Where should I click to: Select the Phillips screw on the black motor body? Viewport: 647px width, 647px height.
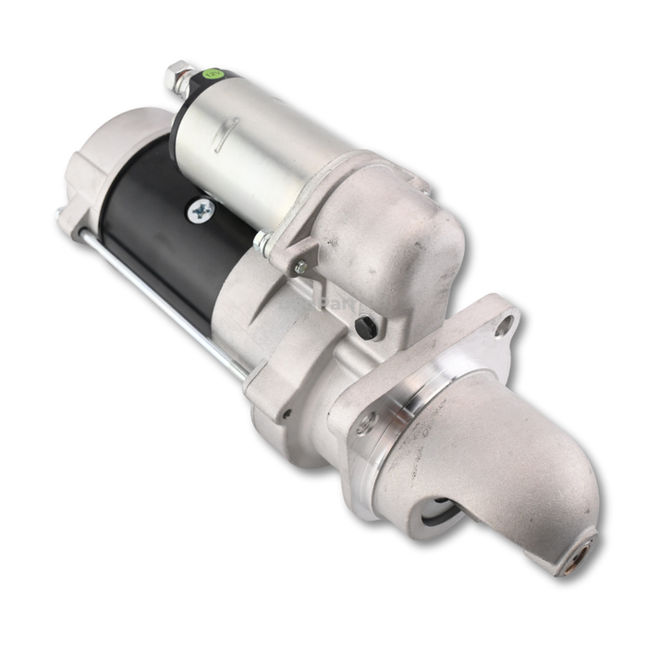click(x=200, y=212)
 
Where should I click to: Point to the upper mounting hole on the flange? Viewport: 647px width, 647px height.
click(x=504, y=326)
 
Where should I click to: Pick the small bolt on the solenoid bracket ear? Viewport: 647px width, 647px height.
click(x=299, y=267)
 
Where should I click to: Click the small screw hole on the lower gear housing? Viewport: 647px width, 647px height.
click(x=287, y=413)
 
